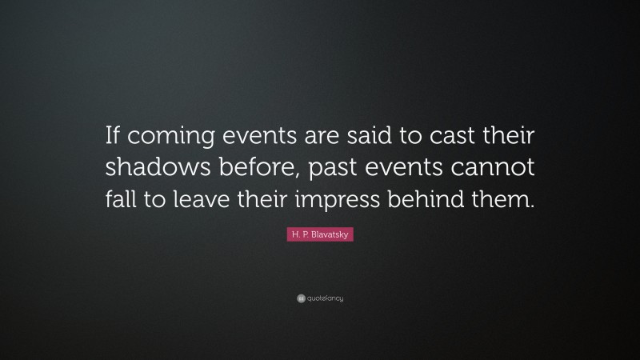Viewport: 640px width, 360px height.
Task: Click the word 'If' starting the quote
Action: click(114, 138)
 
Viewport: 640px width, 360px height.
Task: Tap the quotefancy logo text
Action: click(325, 298)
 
